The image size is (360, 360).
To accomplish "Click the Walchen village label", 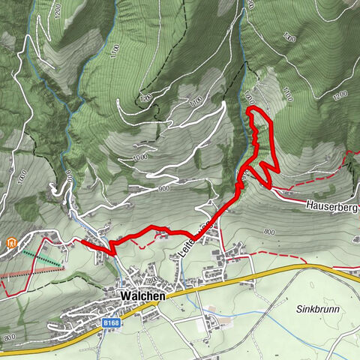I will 142,297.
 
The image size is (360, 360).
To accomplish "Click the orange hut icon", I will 12,243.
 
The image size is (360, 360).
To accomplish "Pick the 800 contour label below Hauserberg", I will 269,232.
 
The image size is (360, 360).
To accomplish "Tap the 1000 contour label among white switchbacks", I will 139,157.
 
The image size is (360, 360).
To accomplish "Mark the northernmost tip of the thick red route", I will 250,110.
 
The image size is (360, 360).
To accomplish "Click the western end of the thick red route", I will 82,242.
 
